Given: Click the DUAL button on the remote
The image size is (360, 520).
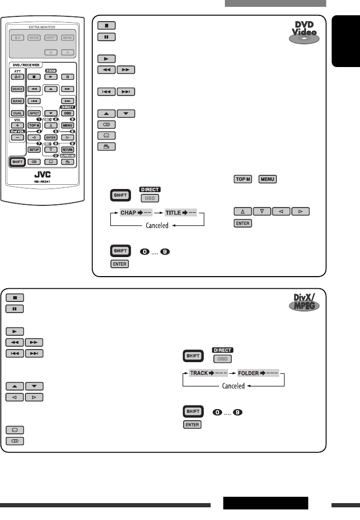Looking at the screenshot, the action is click(18, 113).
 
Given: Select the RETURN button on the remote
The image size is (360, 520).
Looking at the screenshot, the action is click(67, 149).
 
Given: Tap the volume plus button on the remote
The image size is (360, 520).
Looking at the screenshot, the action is click(17, 125).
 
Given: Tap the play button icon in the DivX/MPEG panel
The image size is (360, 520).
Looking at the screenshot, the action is click(14, 331).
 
